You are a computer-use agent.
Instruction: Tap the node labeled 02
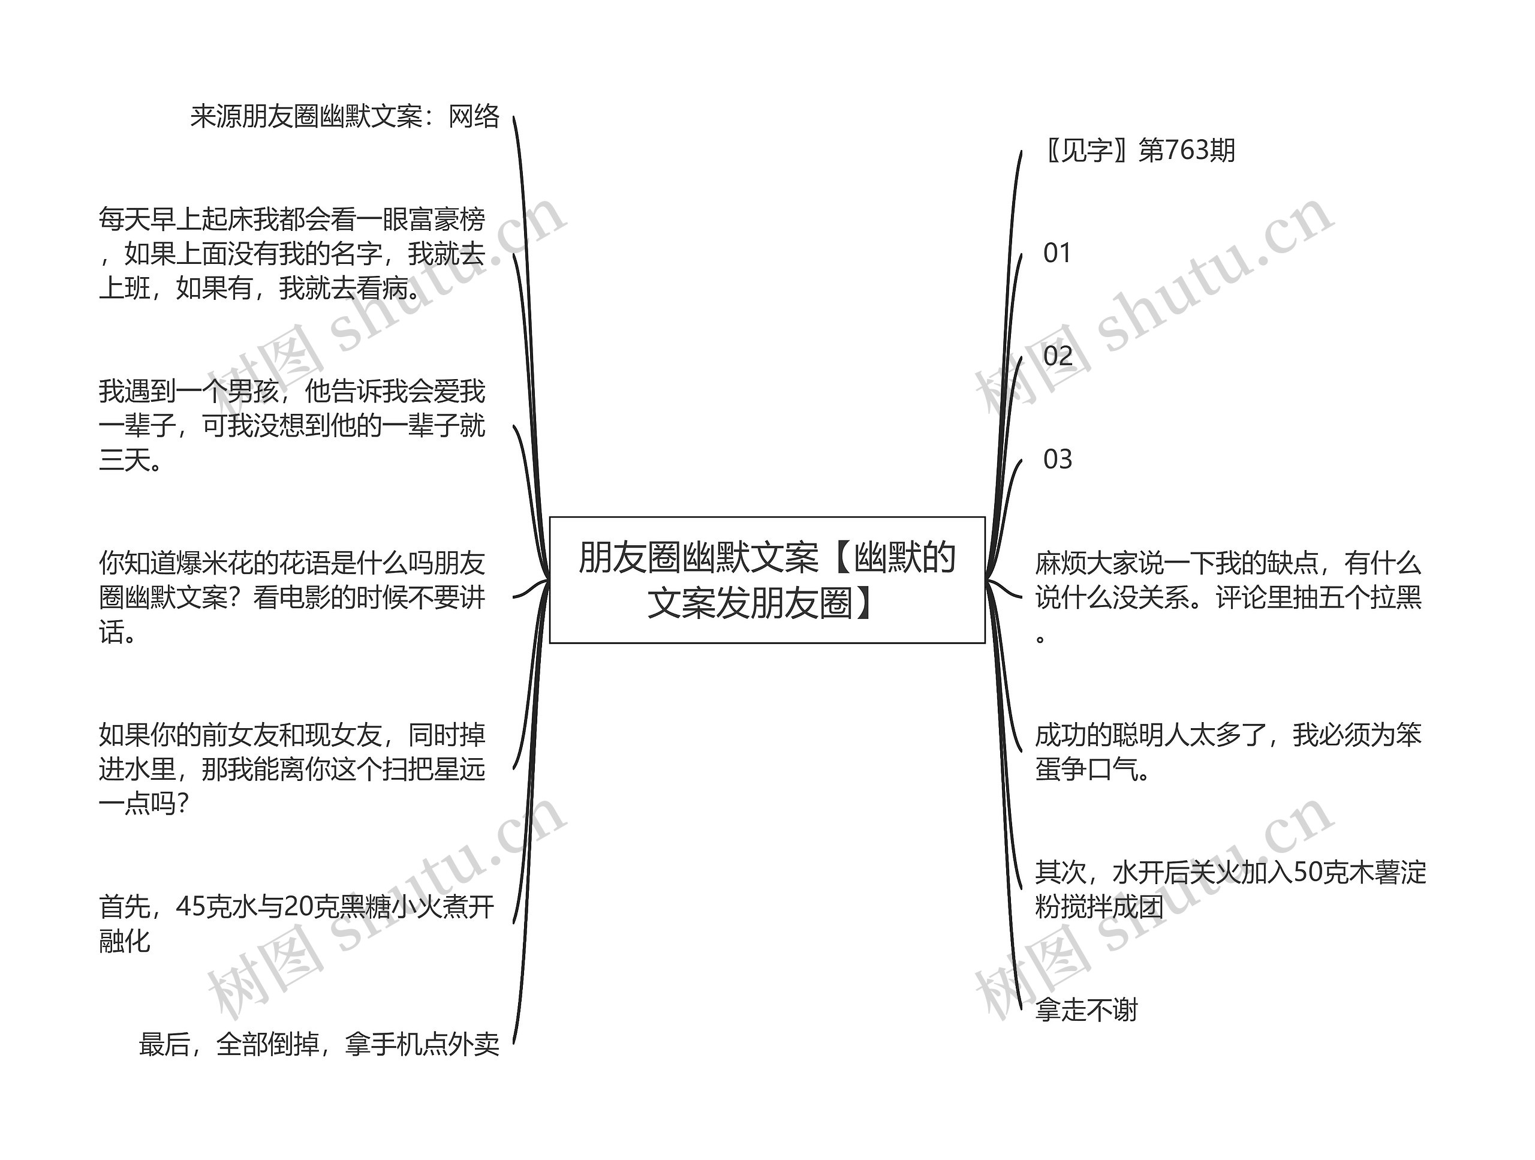coord(1057,356)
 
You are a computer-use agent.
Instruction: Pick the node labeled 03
coord(1057,459)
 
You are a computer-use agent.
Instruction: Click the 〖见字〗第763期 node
coord(1139,151)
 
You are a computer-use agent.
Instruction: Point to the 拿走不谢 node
coord(1086,1010)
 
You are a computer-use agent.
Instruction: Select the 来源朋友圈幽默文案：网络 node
coord(345,116)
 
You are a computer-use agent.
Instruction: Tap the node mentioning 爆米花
coord(291,597)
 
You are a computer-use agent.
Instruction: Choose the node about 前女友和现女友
coord(291,768)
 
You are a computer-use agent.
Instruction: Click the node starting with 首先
coord(296,923)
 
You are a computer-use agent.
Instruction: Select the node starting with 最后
coord(318,1044)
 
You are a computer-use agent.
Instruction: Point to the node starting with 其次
coord(1230,889)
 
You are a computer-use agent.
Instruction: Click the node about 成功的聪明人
coord(1227,752)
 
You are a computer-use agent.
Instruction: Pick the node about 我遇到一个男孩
coord(291,425)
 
